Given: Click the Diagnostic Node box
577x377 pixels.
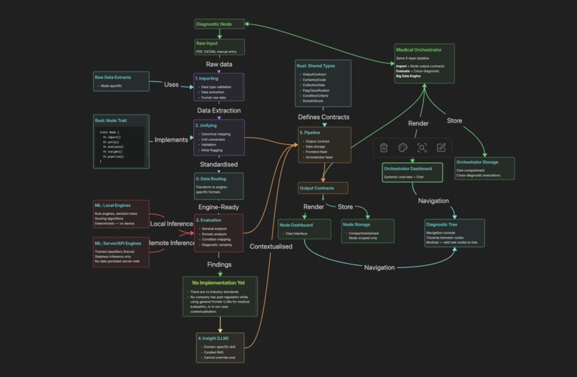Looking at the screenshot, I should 220,24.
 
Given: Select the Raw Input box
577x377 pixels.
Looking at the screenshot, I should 220,47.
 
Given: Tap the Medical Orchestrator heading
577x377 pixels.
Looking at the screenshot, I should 418,50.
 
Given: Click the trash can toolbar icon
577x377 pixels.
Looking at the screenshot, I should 384,148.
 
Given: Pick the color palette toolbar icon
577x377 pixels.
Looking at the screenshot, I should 403,148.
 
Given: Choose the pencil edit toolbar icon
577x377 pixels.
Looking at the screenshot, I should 441,148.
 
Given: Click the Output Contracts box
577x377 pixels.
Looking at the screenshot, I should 323,188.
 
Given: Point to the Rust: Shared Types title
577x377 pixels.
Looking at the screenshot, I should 316,66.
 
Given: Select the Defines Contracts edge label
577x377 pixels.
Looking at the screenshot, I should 324,117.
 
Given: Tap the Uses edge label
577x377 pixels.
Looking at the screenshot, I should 171,85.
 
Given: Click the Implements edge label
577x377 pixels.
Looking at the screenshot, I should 171,140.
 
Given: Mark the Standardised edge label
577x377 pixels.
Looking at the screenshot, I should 218,164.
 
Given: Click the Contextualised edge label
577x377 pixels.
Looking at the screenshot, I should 271,247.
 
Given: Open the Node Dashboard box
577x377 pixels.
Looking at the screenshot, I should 306,229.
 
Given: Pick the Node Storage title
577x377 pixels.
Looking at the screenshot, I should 356,224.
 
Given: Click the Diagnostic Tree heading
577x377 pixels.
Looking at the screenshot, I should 442,224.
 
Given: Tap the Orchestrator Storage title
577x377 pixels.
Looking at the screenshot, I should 477,162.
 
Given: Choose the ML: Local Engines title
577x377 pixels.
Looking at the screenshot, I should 114,206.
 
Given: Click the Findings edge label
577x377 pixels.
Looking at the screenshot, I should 219,264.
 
